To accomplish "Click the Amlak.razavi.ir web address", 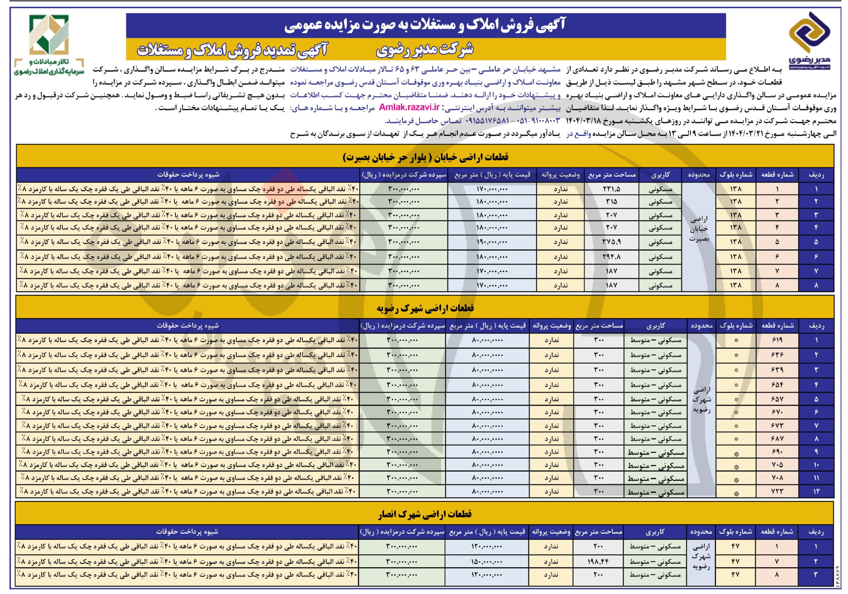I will [409, 108].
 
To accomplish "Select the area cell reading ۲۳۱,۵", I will [612, 189].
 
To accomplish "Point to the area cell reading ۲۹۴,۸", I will [612, 257].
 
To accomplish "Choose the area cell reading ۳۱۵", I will [612, 202].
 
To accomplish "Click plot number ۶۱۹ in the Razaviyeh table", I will [777, 340].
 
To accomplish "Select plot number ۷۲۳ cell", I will [777, 491].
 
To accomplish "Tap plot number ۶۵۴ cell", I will [777, 385].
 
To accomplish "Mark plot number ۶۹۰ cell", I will [777, 452].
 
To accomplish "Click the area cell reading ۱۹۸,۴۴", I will [598, 562].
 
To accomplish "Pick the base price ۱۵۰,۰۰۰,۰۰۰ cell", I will [487, 562].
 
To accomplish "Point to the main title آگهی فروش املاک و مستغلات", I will [425, 25].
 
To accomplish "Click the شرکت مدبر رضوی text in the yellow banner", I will [424, 50].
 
